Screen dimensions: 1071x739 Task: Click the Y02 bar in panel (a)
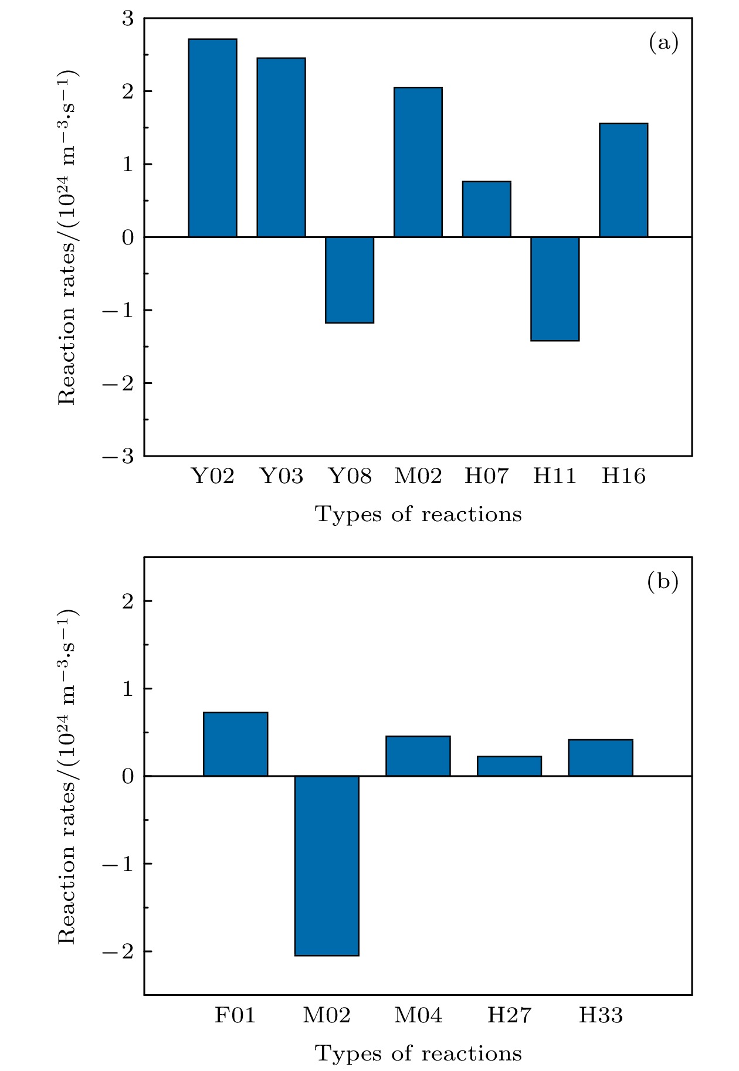(x=212, y=138)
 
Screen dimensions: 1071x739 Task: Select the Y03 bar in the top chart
(x=281, y=147)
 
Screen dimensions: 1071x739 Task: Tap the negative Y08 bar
(x=350, y=280)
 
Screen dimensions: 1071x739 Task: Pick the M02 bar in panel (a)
(x=418, y=162)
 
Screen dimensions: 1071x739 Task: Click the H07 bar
(x=487, y=209)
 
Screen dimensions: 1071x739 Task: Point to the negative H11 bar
(x=555, y=288)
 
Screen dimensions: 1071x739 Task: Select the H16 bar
(x=623, y=180)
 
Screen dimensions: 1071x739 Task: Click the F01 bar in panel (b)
(x=235, y=744)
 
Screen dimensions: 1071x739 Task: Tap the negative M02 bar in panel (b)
(x=327, y=866)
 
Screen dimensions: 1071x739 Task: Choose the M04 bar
(x=418, y=756)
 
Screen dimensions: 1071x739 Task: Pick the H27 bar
(x=509, y=766)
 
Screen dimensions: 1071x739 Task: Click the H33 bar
(x=601, y=758)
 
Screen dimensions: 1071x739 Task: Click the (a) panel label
(x=663, y=43)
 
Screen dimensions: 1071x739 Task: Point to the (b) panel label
(x=663, y=582)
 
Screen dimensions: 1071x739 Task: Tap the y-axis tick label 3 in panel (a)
(x=128, y=19)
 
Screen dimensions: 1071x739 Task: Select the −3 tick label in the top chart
(x=119, y=456)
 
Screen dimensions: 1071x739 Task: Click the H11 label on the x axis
(x=555, y=476)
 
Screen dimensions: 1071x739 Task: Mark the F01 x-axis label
(x=235, y=1015)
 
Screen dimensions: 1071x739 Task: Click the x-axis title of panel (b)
(x=418, y=1054)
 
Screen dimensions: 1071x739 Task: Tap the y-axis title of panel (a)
(x=67, y=237)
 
